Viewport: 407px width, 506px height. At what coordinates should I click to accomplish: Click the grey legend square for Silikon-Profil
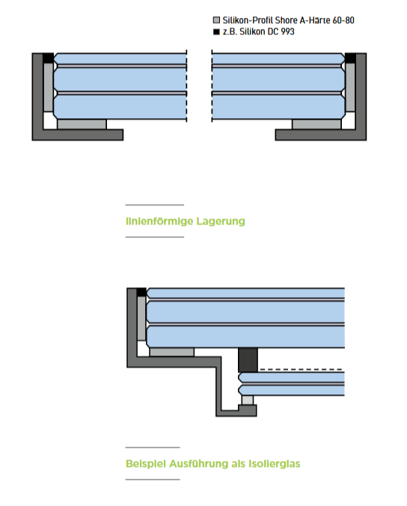pyautogui.click(x=216, y=20)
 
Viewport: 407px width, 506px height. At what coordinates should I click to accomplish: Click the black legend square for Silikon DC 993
pyautogui.click(x=216, y=31)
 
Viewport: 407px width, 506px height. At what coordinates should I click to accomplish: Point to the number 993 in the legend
pyautogui.click(x=288, y=31)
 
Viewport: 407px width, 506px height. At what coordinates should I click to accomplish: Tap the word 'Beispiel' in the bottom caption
pyautogui.click(x=146, y=464)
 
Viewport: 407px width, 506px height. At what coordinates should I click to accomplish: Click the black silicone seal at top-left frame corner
pyautogui.click(x=49, y=58)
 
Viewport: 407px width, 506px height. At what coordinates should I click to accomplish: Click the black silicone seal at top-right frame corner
pyautogui.click(x=350, y=58)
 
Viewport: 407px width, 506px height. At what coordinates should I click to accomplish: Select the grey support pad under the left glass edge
pyautogui.click(x=82, y=124)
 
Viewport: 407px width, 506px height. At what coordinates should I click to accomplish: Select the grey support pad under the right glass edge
pyautogui.click(x=316, y=124)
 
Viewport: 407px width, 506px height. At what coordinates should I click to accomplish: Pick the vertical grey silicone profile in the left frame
pyautogui.click(x=49, y=87)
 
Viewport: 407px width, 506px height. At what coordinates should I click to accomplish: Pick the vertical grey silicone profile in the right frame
pyautogui.click(x=350, y=87)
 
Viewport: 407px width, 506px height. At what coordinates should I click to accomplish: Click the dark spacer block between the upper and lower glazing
pyautogui.click(x=248, y=360)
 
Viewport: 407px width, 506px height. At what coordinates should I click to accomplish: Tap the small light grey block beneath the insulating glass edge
pyautogui.click(x=248, y=400)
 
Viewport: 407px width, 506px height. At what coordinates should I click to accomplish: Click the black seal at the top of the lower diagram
pyautogui.click(x=141, y=292)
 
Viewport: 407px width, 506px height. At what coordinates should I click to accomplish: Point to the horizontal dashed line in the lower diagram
pyautogui.click(x=301, y=369)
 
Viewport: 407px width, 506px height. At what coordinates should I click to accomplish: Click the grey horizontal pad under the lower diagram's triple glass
pyautogui.click(x=172, y=352)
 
